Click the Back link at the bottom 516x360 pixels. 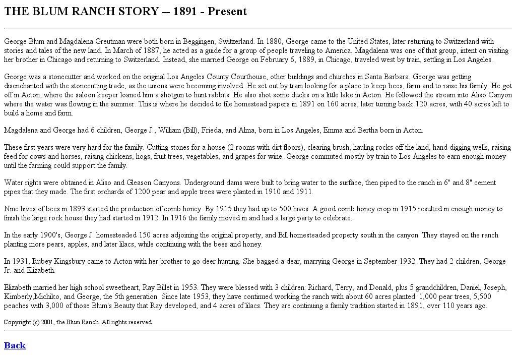pos(15,345)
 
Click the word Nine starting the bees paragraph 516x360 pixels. pos(12,209)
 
